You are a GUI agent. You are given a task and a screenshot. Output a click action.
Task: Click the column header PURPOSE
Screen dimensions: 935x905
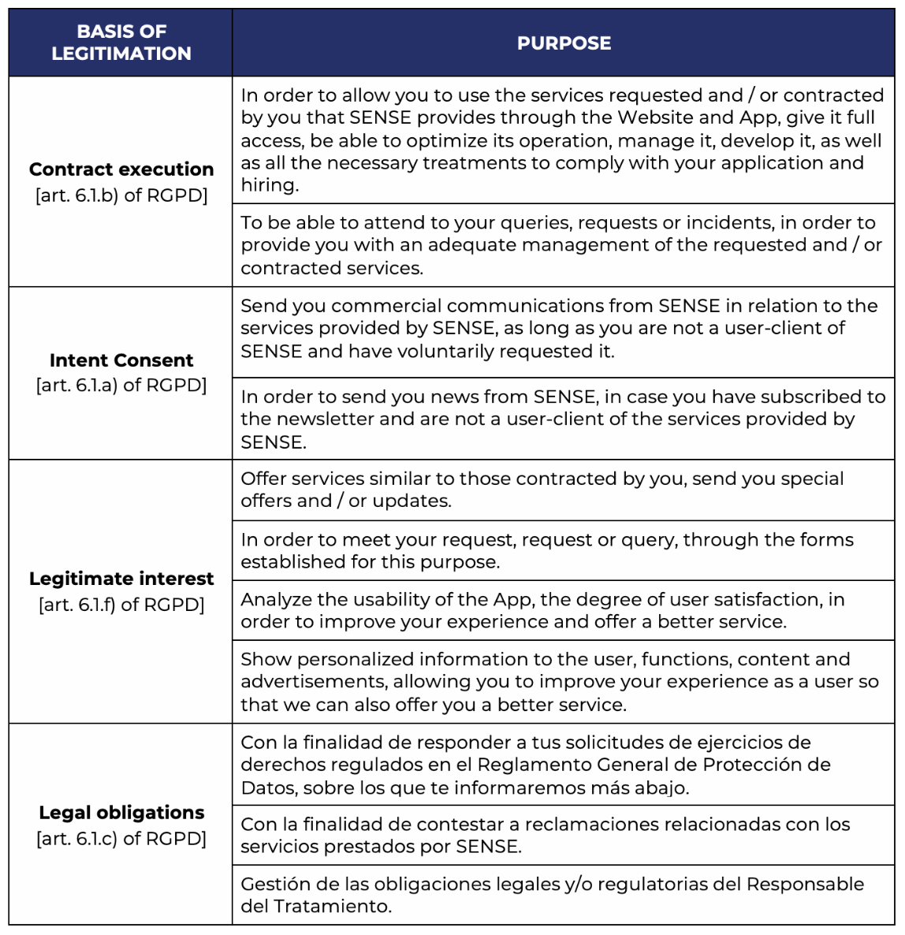(x=564, y=43)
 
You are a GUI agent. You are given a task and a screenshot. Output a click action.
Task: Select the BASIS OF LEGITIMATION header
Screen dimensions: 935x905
(x=121, y=43)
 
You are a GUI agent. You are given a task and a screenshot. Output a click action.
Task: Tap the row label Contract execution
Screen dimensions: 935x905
(x=121, y=169)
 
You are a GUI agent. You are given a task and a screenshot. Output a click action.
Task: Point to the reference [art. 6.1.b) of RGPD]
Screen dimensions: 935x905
(x=121, y=196)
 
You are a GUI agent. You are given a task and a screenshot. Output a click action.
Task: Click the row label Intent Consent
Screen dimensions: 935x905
(x=121, y=360)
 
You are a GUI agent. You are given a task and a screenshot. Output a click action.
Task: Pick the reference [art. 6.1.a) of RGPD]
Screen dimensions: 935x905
(x=121, y=386)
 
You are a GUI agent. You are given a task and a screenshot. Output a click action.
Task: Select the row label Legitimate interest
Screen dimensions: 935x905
(x=121, y=579)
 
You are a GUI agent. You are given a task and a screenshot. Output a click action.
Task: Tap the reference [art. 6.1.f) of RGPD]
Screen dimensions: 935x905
(x=121, y=605)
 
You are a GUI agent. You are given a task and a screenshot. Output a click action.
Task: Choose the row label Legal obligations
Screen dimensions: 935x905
(x=121, y=813)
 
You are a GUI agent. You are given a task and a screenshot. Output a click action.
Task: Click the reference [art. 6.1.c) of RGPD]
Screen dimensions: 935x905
(x=121, y=839)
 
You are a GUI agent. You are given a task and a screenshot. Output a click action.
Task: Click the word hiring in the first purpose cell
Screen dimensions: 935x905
(x=268, y=185)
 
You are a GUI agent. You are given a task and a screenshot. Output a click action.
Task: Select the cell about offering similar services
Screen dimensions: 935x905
(x=563, y=490)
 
